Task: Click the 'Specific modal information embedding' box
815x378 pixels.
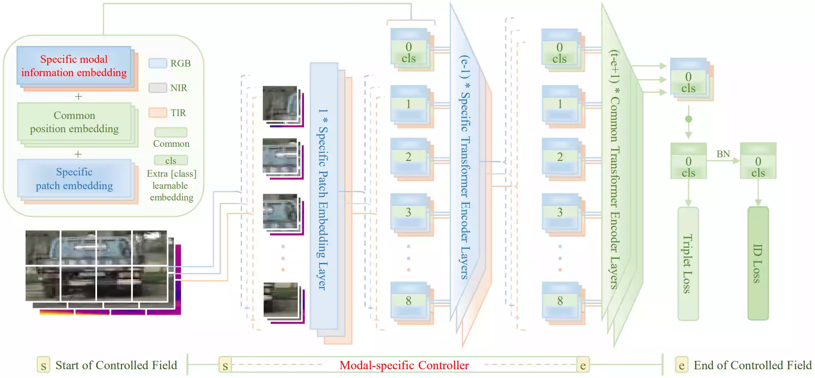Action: [x=74, y=66]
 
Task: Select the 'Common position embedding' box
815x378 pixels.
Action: [x=74, y=122]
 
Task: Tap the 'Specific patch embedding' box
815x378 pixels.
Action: [x=74, y=179]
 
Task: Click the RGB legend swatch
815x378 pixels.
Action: [x=158, y=63]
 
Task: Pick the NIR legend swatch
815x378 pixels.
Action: [x=158, y=88]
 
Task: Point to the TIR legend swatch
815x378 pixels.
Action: [x=158, y=113]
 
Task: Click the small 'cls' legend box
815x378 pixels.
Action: [x=171, y=161]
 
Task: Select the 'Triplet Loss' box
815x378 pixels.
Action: [x=688, y=264]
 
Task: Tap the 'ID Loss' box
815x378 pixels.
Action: [x=758, y=264]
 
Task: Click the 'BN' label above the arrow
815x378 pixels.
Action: [x=723, y=154]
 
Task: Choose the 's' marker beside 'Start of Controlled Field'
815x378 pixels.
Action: [x=43, y=366]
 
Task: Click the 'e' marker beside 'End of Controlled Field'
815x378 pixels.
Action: [x=681, y=366]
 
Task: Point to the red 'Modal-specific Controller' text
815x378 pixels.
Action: [x=404, y=366]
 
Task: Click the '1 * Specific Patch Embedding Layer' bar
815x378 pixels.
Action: [x=324, y=195]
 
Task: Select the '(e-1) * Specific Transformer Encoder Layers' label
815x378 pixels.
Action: [x=465, y=166]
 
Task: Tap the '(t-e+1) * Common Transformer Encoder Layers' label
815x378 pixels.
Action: [x=615, y=166]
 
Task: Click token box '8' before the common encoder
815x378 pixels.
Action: [x=560, y=301]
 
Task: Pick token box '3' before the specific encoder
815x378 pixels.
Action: [x=409, y=212]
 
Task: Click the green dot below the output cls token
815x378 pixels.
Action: [x=688, y=119]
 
